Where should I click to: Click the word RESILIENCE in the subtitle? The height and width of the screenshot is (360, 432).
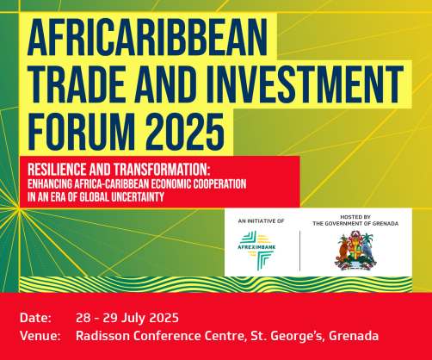tap(61, 171)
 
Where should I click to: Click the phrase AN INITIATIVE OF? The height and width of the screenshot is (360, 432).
tap(260, 221)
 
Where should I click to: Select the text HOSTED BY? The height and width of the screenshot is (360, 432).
tap(354, 216)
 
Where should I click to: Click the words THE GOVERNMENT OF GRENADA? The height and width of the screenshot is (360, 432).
tap(354, 224)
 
